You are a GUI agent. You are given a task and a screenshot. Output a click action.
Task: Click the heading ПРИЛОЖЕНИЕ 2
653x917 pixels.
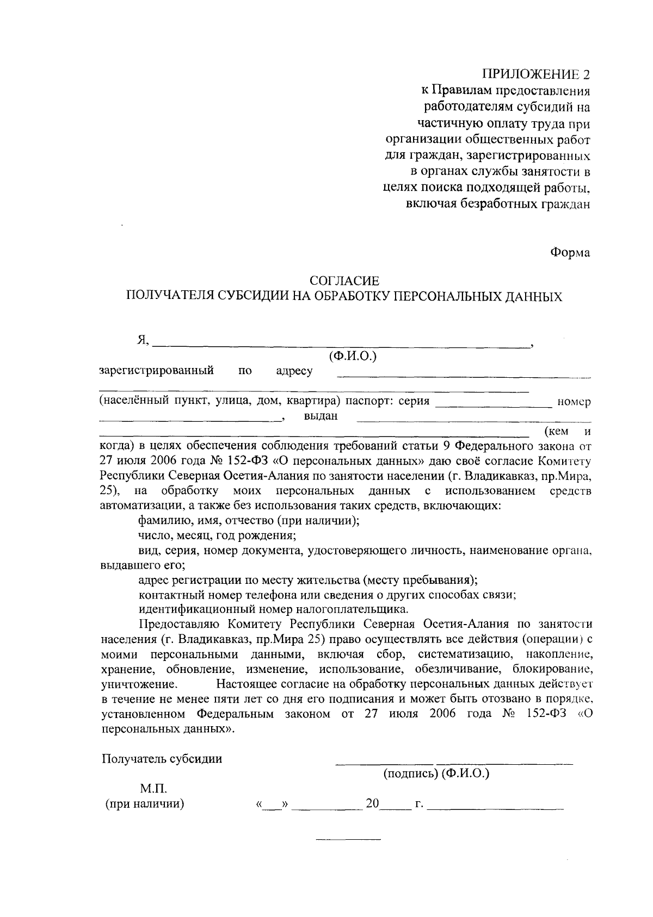tap(536, 74)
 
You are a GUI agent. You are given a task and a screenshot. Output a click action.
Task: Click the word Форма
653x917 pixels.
tap(570, 253)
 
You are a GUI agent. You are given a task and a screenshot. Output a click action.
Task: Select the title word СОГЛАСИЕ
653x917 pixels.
tap(344, 281)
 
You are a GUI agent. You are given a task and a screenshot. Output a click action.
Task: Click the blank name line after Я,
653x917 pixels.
tap(342, 342)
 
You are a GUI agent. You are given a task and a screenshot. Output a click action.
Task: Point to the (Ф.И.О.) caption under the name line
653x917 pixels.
tap(353, 357)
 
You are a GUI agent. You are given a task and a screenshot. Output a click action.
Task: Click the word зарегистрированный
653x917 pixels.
tap(156, 371)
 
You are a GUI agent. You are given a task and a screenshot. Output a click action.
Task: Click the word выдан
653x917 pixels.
tap(321, 417)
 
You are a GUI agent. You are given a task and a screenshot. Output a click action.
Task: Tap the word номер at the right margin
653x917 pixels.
tap(574, 403)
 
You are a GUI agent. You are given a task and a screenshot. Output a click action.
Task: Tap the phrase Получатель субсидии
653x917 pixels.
tap(162, 759)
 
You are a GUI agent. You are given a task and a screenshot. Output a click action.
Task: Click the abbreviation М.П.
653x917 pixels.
tap(153, 788)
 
